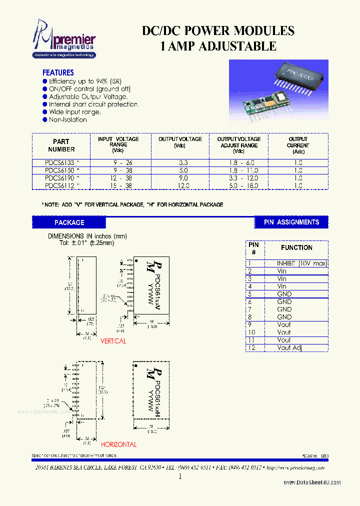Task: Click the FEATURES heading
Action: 58,72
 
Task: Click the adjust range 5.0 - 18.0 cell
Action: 239,185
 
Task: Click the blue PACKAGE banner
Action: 69,222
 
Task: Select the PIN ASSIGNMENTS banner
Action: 291,222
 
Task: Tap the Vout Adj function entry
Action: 290,347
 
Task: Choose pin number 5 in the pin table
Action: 249,294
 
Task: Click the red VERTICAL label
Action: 113,341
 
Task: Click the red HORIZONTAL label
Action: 118,444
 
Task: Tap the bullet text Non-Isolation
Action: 67,119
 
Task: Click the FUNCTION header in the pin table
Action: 296,247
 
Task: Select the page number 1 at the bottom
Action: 180,477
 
